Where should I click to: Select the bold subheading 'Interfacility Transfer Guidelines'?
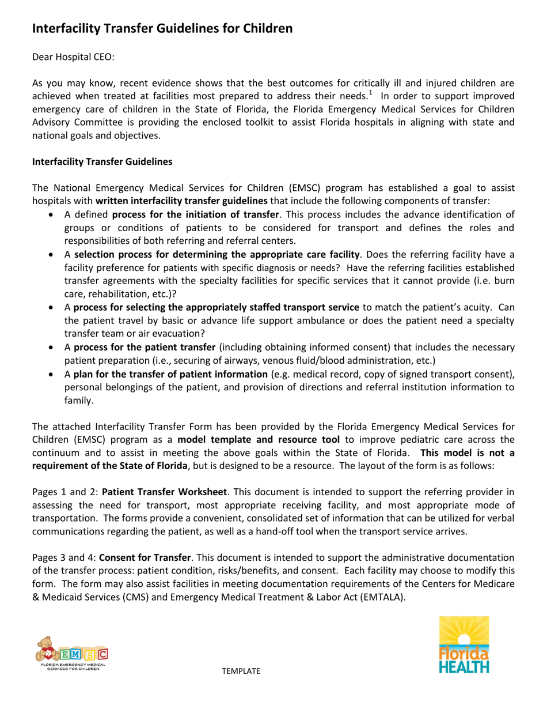[101, 163]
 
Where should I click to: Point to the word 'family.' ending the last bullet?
[79, 401]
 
